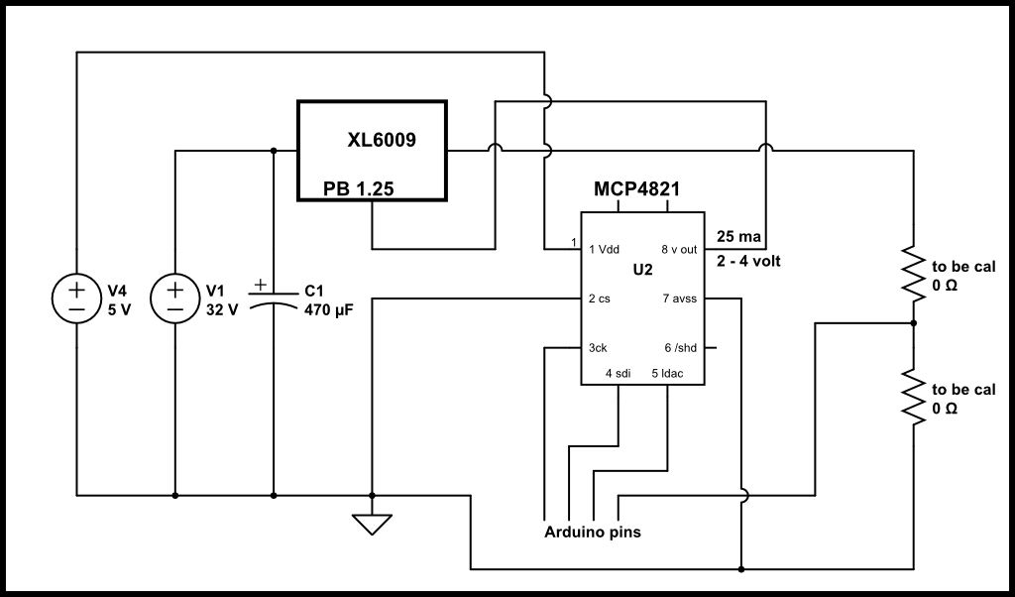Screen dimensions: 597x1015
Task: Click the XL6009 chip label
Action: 382,141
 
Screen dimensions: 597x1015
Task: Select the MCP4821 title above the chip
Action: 637,189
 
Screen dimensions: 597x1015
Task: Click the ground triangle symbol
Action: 372,522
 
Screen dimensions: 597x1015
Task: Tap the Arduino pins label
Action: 593,533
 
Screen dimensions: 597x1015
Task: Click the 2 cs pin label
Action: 599,298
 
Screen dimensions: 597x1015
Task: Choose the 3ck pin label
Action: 598,348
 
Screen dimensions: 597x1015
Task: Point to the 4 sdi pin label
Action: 619,373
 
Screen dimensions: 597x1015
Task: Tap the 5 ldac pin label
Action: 667,373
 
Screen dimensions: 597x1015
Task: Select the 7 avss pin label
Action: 680,298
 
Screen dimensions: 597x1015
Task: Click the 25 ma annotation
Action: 737,237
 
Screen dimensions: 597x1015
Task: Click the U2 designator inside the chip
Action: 642,270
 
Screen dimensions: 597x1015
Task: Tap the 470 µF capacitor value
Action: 328,309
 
